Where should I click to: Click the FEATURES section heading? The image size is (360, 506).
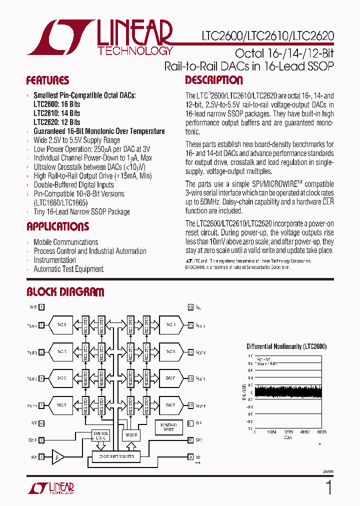pos(47,80)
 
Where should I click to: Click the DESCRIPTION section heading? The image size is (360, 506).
pos(214,80)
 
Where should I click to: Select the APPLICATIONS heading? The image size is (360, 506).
pos(57,226)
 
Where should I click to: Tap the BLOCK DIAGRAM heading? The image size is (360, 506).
pos(65,292)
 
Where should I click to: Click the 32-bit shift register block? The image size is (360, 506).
pos(115,457)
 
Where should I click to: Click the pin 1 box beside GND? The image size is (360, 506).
pos(41,307)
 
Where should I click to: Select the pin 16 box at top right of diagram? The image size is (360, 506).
pos(190,307)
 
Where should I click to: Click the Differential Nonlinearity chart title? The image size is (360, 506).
pos(286,346)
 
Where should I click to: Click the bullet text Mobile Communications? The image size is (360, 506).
pos(65,242)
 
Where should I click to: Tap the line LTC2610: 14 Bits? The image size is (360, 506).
pos(56,113)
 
